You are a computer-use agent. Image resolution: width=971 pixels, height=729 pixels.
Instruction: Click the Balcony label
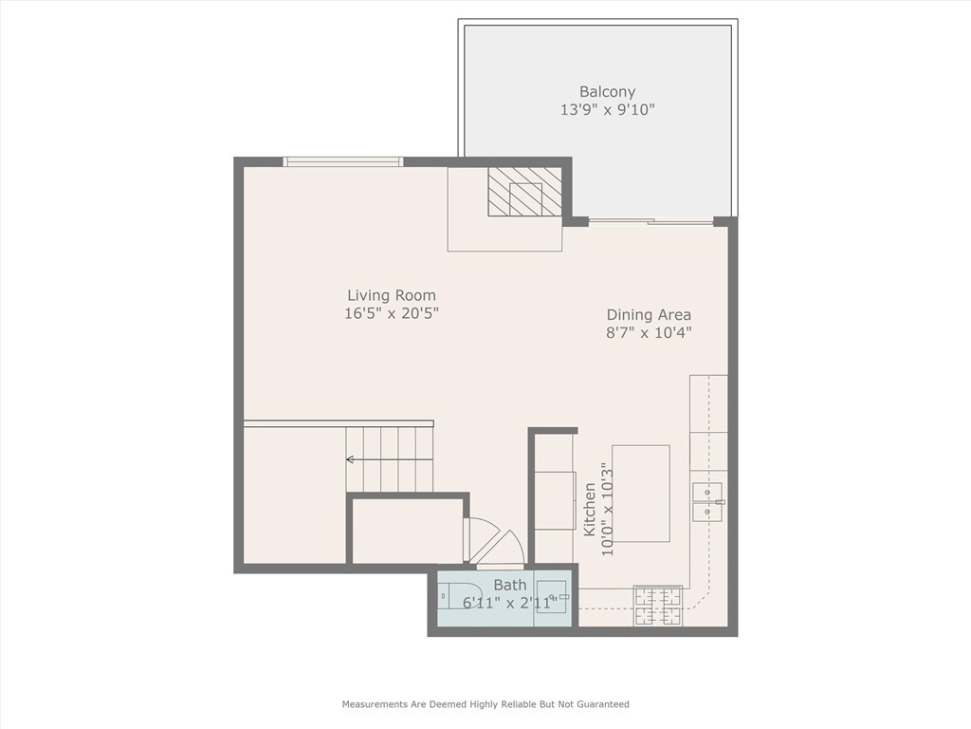click(x=607, y=92)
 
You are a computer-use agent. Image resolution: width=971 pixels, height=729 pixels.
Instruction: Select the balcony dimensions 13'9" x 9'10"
click(x=607, y=110)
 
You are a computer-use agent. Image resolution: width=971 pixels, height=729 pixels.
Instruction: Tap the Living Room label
click(x=391, y=295)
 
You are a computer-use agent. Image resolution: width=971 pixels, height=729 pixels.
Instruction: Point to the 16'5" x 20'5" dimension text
click(x=391, y=313)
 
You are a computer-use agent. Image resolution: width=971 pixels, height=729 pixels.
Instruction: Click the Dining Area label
click(x=649, y=314)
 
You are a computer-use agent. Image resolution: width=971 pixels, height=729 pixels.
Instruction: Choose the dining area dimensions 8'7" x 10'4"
click(x=649, y=332)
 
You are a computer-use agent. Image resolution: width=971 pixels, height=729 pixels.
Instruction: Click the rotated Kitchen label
click(x=590, y=509)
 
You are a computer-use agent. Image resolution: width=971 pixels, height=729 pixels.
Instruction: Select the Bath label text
click(x=509, y=586)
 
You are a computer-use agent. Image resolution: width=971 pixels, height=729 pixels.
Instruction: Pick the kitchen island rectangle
click(x=640, y=493)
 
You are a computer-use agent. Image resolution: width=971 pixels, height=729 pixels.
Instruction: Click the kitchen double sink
click(x=707, y=501)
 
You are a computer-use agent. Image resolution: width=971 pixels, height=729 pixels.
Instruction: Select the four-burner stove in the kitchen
click(x=657, y=605)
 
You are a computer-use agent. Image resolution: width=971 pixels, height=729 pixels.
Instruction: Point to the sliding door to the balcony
click(x=650, y=222)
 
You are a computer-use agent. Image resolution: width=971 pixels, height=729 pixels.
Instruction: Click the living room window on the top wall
click(x=343, y=162)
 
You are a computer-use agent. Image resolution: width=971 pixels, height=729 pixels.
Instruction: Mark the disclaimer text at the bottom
click(x=485, y=704)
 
